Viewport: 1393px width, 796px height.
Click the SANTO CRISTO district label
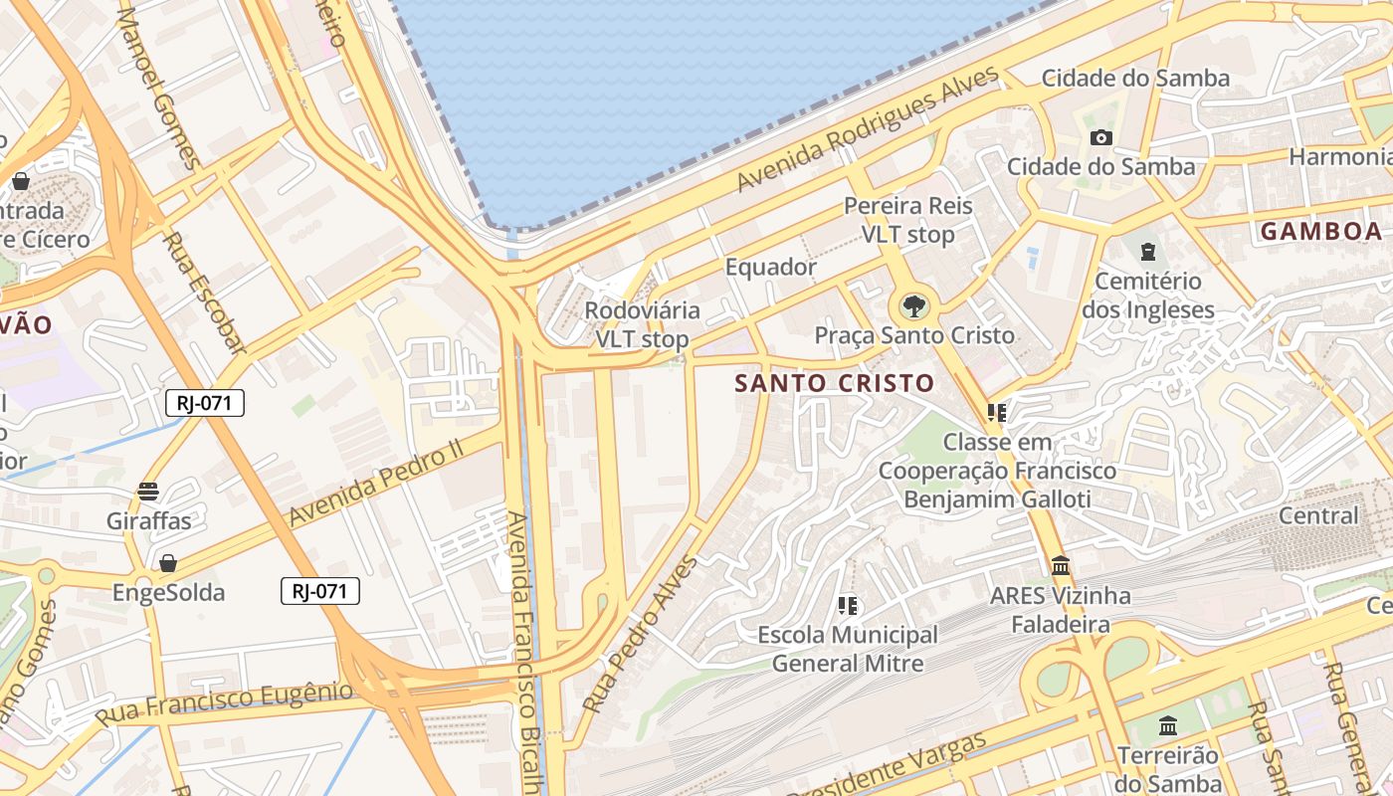835,383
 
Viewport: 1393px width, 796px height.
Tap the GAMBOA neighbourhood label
1320,232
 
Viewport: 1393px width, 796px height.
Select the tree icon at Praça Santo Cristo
912,305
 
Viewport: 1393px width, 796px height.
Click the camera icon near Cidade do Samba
1100,138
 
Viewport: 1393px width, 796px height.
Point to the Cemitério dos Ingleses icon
1148,252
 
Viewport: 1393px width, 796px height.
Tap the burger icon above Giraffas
148,491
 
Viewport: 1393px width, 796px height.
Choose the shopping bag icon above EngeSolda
168,564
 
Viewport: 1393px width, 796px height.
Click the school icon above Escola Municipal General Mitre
848,605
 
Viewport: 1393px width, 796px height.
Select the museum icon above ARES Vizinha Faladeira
1061,566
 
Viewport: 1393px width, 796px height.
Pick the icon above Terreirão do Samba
1168,725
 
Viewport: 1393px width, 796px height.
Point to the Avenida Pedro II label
377,483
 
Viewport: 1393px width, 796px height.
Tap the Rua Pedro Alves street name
641,635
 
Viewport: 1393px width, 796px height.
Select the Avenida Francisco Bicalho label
524,652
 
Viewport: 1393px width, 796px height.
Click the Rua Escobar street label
203,294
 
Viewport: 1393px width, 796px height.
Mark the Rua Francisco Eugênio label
225,702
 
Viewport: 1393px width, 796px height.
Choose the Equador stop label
770,267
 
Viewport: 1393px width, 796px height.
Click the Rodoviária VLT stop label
642,324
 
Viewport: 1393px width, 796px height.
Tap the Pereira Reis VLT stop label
907,220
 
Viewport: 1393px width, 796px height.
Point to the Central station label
1317,515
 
